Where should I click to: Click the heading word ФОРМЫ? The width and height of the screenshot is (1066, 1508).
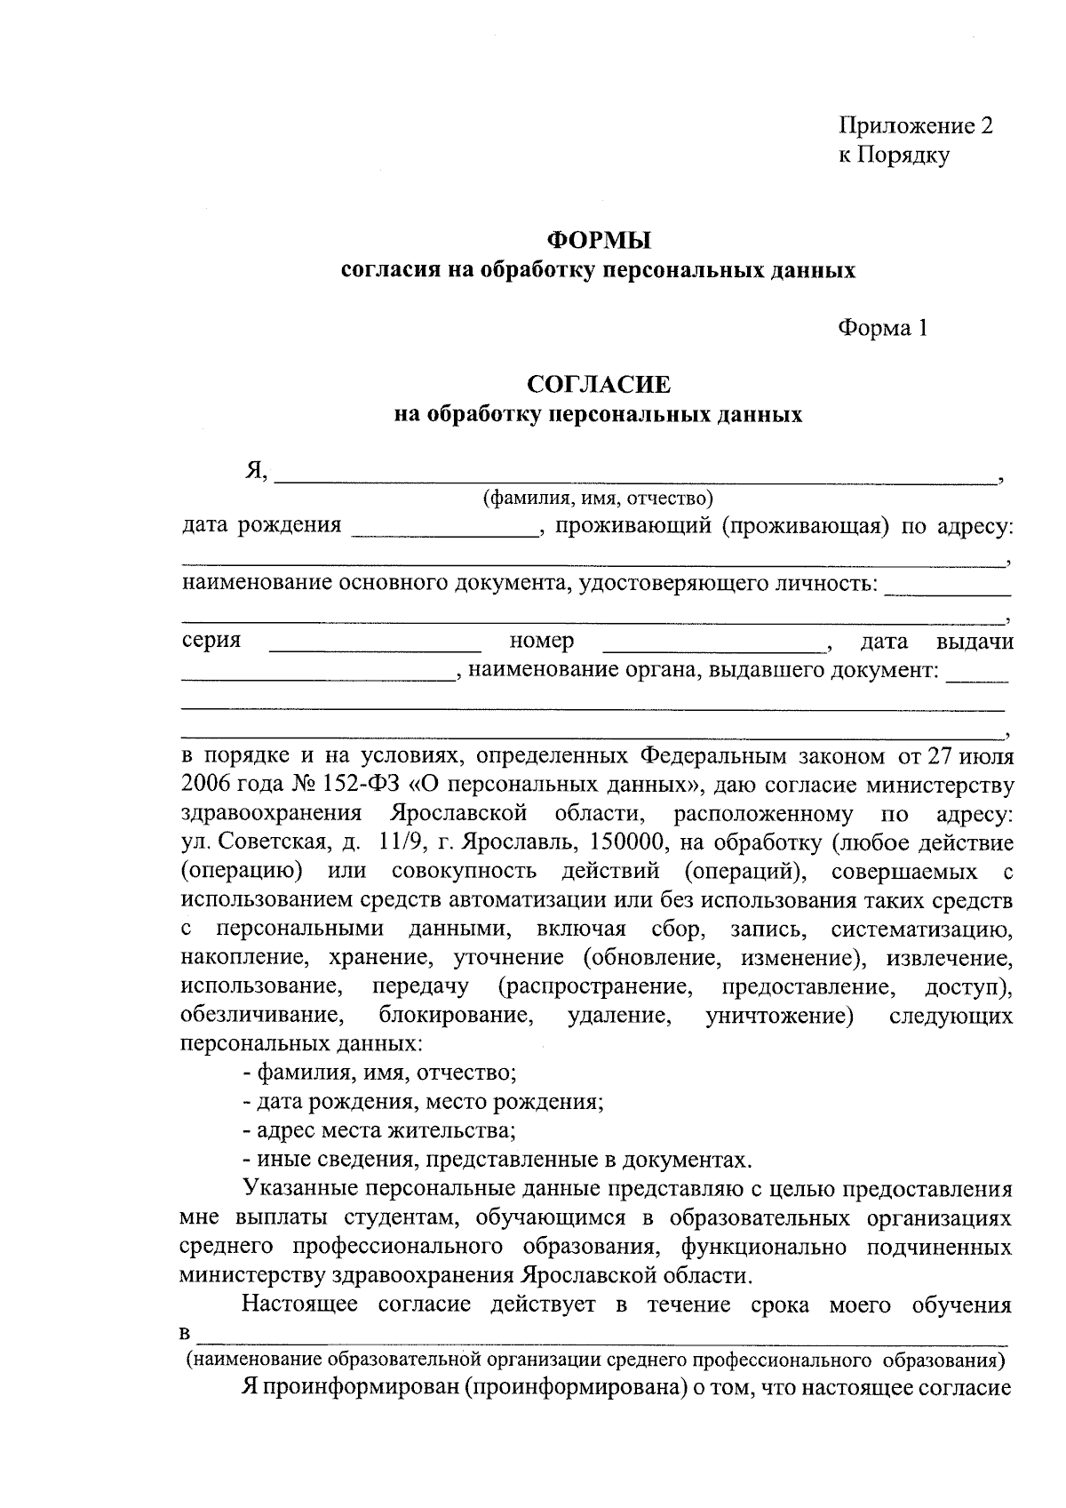pyautogui.click(x=598, y=240)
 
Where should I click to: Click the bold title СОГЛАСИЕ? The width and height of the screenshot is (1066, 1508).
pyautogui.click(x=598, y=384)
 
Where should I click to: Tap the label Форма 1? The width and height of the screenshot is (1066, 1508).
pyautogui.click(x=883, y=328)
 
